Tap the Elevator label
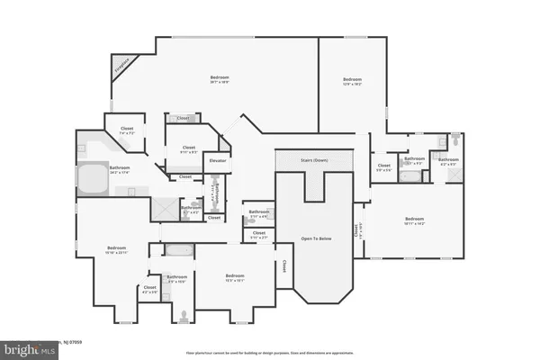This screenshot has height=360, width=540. click(x=217, y=160)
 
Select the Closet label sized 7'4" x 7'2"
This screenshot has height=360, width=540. click(x=127, y=130)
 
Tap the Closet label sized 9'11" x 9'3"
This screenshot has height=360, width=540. click(x=189, y=149)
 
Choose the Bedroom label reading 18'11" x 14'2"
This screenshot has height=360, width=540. click(x=414, y=220)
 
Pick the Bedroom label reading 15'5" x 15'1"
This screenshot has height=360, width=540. click(x=235, y=277)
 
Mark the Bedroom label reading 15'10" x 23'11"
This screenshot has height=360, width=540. click(x=117, y=249)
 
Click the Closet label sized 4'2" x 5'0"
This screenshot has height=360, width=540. click(x=149, y=289)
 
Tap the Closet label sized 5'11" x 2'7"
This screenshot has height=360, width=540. click(x=259, y=235)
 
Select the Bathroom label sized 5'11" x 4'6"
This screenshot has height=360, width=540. click(x=258, y=214)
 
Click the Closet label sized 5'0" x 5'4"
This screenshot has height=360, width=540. click(x=384, y=166)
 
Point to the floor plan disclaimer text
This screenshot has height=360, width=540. click(x=270, y=353)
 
